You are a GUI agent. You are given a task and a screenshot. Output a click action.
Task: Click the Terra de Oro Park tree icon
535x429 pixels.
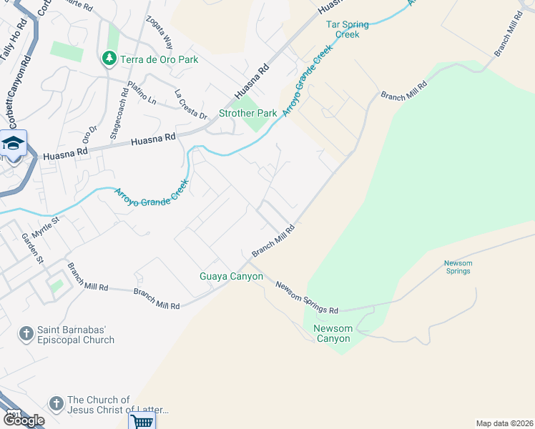[109, 59]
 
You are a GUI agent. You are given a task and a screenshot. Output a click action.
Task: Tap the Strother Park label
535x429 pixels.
[247, 113]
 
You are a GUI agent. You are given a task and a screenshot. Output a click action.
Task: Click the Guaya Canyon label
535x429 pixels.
[231, 276]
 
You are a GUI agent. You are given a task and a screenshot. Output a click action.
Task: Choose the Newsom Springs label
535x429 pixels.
[457, 267]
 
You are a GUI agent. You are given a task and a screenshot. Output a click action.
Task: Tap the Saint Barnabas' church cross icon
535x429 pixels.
[26, 334]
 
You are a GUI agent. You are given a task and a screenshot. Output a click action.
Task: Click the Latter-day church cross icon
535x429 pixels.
[56, 404]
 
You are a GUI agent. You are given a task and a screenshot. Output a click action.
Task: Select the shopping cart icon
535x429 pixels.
[142, 420]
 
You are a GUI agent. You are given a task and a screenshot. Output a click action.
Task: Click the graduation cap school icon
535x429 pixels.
[14, 144]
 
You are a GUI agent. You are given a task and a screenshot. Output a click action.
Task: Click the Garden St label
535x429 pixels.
[34, 247]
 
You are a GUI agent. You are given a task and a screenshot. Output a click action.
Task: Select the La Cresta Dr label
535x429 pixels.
[190, 104]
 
